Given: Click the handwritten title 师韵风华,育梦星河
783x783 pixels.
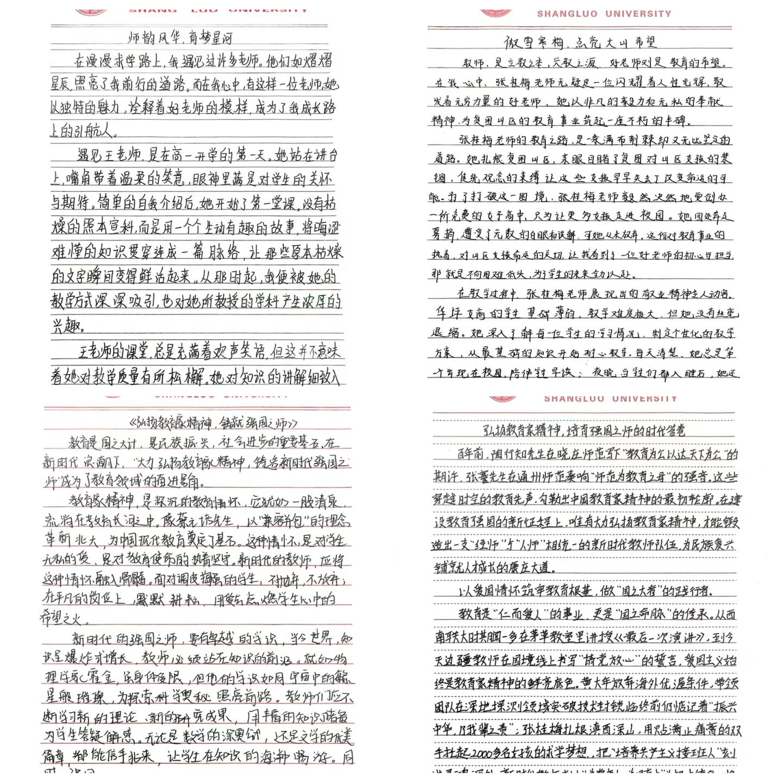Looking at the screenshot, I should pyautogui.click(x=180, y=38).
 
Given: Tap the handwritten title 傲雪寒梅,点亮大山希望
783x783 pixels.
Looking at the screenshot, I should pyautogui.click(x=580, y=42).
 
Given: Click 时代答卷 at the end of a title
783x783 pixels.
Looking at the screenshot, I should pyautogui.click(x=660, y=431).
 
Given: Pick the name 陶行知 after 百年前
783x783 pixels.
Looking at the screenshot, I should pyautogui.click(x=509, y=455).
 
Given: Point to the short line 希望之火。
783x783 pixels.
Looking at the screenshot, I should pyautogui.click(x=65, y=618).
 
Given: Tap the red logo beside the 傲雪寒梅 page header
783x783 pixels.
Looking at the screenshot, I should pyautogui.click(x=496, y=12).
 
